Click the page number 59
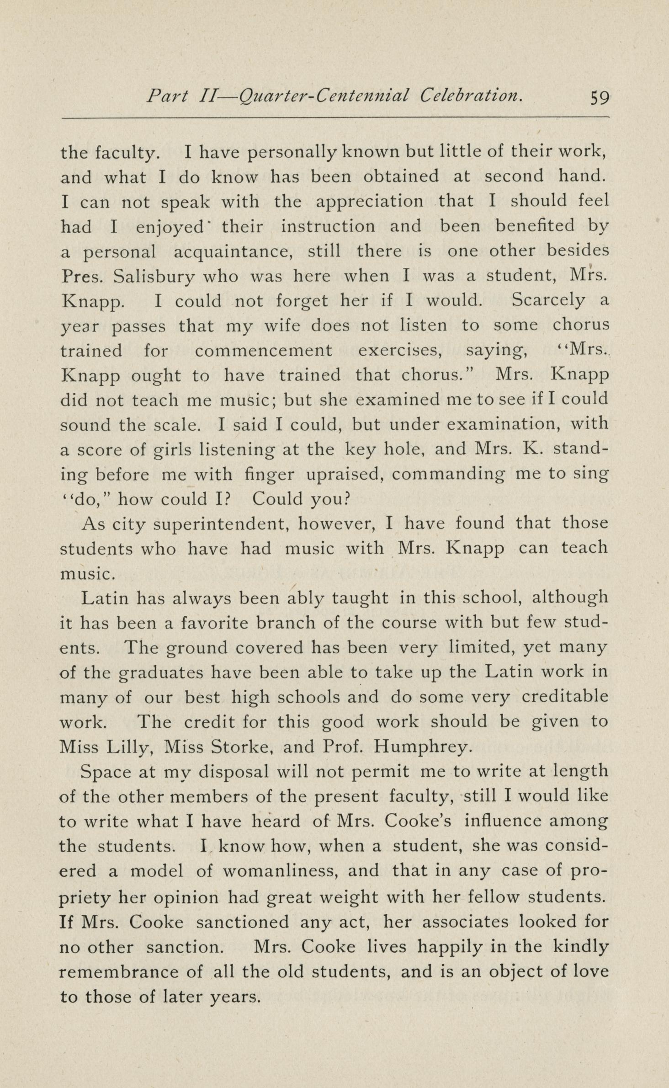pos(600,98)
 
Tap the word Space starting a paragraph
pos(104,772)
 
